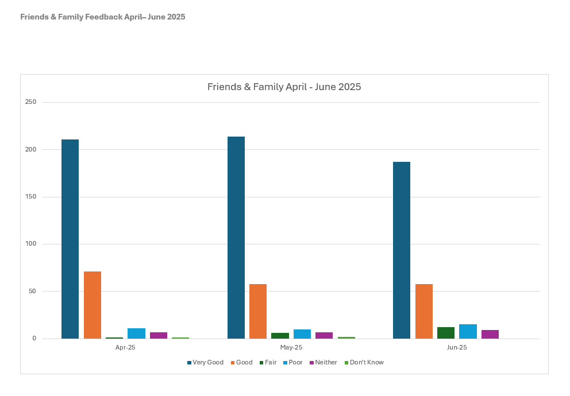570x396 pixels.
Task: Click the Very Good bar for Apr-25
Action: coord(70,239)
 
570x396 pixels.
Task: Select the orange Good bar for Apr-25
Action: coord(92,305)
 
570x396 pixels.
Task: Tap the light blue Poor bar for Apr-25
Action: coord(136,333)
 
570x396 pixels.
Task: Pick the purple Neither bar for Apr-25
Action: coord(159,335)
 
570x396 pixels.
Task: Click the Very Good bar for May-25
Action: coord(236,238)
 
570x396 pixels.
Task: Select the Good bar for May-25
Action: coord(258,311)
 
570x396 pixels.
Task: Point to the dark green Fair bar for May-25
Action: coord(280,336)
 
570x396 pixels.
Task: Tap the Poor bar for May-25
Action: coord(302,334)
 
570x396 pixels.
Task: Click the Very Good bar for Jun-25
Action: coord(402,250)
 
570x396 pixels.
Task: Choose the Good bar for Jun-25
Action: coord(424,311)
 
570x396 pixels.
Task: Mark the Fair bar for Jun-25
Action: coord(446,333)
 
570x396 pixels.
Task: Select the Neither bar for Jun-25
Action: coord(490,334)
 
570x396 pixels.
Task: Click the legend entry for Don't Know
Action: coord(364,362)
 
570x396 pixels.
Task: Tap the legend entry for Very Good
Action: coord(205,362)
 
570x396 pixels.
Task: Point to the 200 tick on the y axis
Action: coord(30,149)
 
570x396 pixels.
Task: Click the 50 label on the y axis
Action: coord(32,291)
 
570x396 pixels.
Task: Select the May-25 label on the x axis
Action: coord(291,347)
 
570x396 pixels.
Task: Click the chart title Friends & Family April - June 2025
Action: coord(284,87)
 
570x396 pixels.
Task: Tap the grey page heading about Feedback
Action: coord(103,17)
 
